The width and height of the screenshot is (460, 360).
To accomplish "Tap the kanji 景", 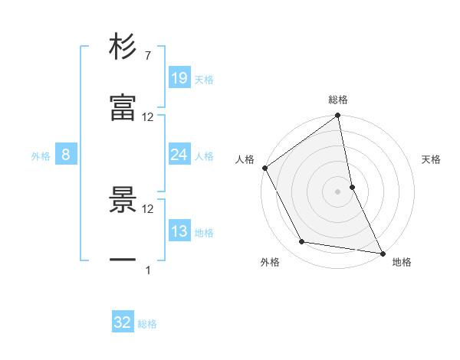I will pos(123,200).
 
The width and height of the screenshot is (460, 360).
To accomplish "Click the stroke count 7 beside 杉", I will pos(147,56).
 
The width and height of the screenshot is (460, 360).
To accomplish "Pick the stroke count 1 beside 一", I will pos(148,270).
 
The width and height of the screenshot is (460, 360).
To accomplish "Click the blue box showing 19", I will pos(179,78).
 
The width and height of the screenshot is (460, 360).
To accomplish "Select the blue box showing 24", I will pos(179,155).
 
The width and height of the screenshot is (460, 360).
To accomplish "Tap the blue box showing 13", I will pos(179,231).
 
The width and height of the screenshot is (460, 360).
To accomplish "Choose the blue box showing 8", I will pos(66,155).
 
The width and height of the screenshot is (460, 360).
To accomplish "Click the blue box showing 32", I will pos(123,322).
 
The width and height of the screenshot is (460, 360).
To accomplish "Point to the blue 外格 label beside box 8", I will pos(41,156).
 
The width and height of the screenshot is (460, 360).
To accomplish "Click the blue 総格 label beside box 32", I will pos(147,324).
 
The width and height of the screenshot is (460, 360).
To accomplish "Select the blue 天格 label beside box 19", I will pos(204,80).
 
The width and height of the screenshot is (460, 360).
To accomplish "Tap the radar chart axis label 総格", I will pos(338,100).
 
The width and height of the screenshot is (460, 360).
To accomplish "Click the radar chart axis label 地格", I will pos(402,263).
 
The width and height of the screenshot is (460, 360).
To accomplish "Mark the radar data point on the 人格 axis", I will pos(265,168).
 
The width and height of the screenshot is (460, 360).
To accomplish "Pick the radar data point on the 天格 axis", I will pos(352,187).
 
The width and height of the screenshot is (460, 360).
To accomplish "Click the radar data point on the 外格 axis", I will pos(302,242).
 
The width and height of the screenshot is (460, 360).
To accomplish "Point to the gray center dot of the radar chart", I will pos(338,191).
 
